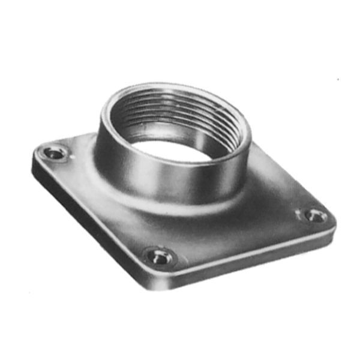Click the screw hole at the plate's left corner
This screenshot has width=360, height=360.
(x=55, y=154)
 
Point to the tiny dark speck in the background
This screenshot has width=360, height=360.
(x=338, y=79)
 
